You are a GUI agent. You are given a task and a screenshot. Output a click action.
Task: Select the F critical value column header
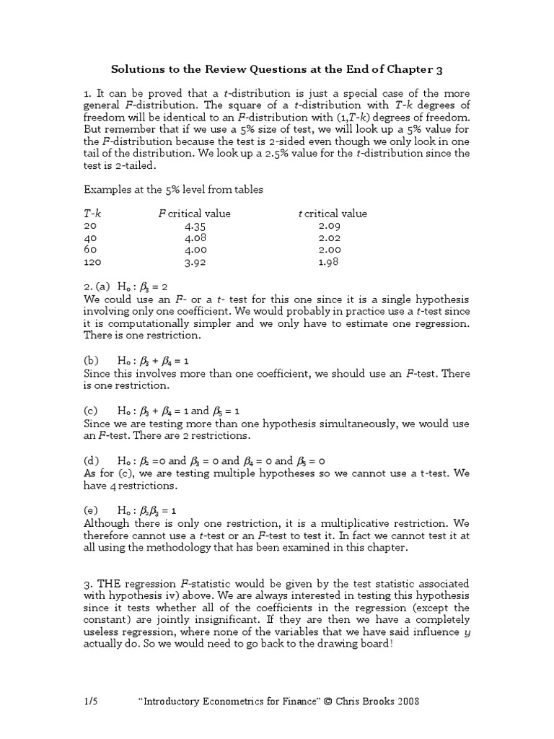click(194, 214)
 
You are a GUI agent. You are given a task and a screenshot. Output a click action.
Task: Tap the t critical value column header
click(333, 214)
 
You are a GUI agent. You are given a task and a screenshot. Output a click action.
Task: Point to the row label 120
click(93, 263)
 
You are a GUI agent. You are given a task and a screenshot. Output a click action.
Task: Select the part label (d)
click(92, 460)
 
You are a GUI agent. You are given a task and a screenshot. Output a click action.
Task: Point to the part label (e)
click(92, 510)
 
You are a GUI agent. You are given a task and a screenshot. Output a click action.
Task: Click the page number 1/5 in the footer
click(91, 701)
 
